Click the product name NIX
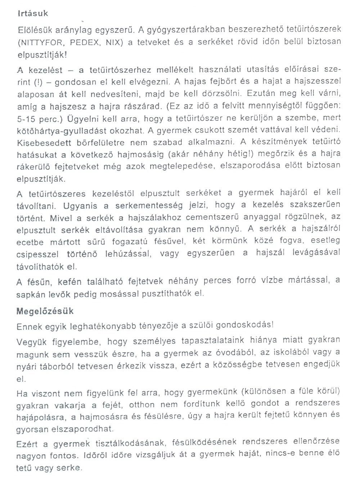[114, 42]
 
